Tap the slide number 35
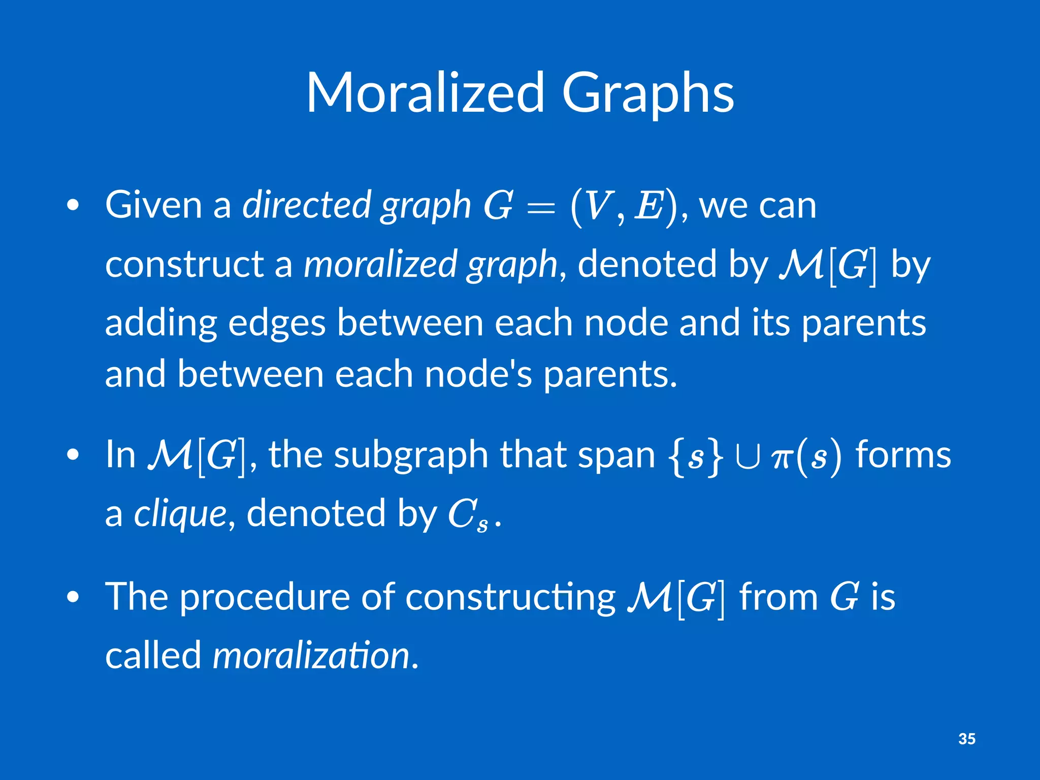pyautogui.click(x=967, y=738)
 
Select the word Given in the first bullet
pyautogui.click(x=153, y=205)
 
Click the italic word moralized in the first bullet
pyautogui.click(x=380, y=264)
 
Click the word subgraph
pyautogui.click(x=411, y=454)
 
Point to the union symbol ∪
pyautogui.click(x=747, y=457)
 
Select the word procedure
pyautogui.click(x=265, y=597)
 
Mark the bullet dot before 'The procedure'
pyautogui.click(x=73, y=598)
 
